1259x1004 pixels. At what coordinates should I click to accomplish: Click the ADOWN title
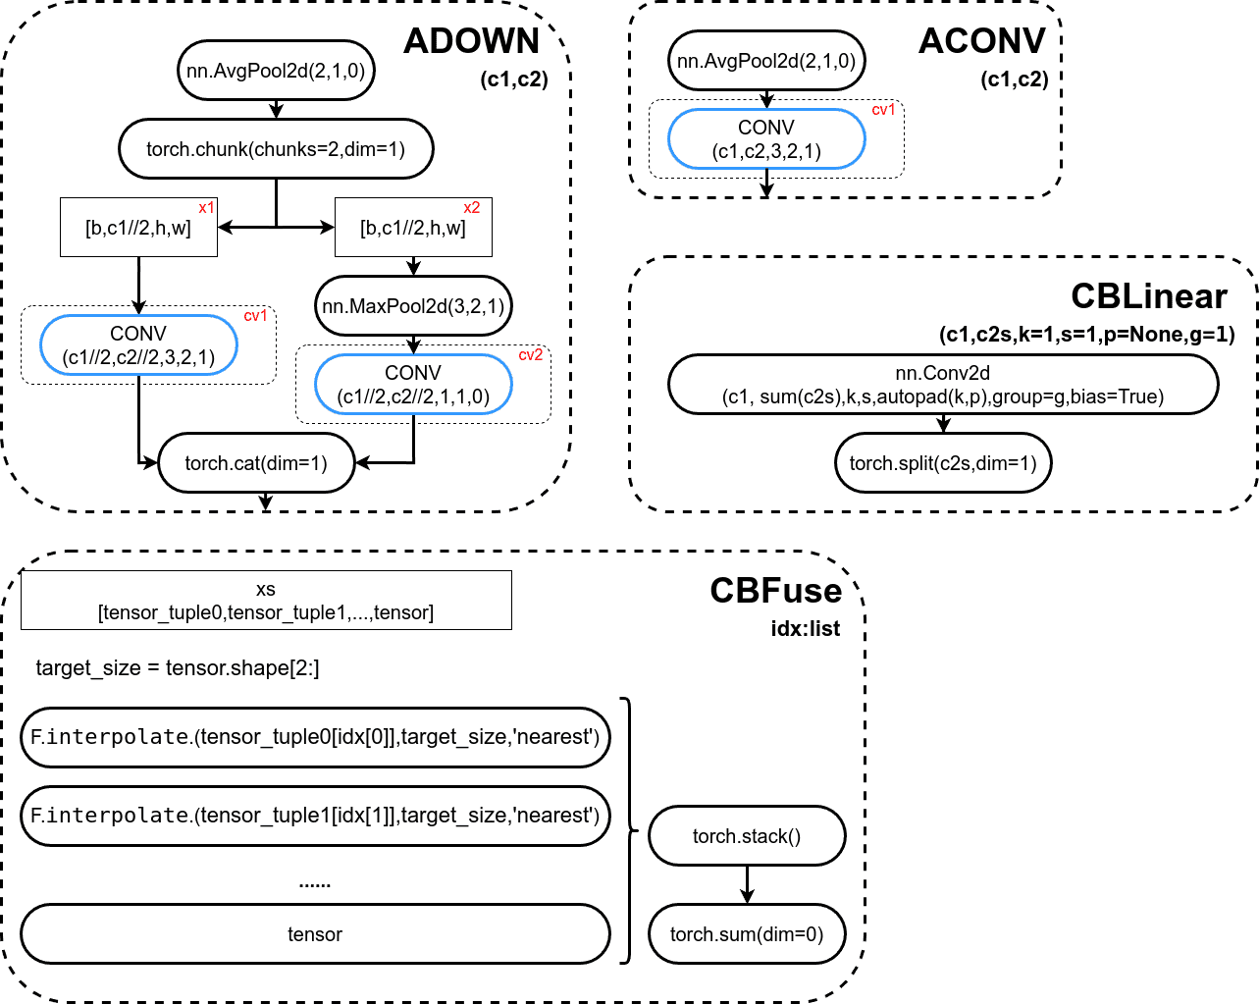coord(471,41)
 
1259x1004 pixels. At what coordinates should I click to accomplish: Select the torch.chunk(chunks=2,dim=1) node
coord(276,148)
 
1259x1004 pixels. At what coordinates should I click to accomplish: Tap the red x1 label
coord(206,208)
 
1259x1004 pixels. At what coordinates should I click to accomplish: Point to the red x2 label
coord(472,208)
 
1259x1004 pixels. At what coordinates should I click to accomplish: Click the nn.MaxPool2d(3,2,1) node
coord(414,305)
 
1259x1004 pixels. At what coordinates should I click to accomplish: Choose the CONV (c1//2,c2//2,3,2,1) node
coord(138,344)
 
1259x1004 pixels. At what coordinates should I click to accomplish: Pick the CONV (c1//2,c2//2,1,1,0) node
coord(414,384)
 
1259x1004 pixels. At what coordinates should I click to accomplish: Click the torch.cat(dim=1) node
coord(256,463)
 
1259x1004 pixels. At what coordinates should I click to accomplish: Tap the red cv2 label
coord(531,355)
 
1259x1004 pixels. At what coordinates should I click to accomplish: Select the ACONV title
coord(981,41)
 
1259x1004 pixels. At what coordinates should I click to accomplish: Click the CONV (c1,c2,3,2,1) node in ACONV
coord(766,138)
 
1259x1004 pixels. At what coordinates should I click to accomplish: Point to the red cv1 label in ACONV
coord(883,110)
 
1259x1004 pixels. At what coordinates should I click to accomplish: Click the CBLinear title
coord(1149,296)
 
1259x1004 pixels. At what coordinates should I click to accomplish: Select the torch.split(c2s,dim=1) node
coord(943,463)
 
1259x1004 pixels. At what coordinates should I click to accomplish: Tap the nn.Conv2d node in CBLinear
coord(943,384)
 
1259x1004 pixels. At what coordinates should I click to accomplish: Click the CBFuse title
coord(776,591)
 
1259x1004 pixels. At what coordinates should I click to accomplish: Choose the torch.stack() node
coord(747,835)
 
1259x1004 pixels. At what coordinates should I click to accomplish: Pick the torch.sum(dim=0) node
coord(747,933)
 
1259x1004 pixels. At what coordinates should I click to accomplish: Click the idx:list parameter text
coord(805,629)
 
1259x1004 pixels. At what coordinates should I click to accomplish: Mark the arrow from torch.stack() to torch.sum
coord(747,884)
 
